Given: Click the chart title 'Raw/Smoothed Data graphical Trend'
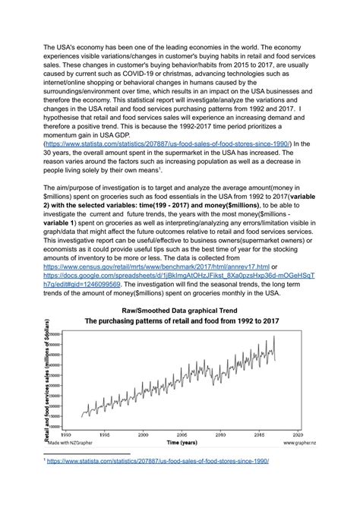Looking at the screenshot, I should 180,311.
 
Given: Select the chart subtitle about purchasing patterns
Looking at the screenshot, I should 181,321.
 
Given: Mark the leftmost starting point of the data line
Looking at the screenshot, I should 82,417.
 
